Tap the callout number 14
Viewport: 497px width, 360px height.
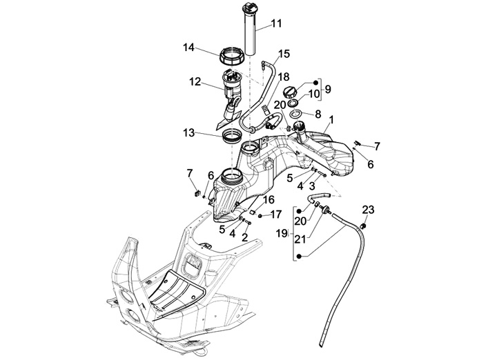[188, 48]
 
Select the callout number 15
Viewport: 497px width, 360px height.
[284, 54]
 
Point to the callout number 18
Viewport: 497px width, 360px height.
[284, 77]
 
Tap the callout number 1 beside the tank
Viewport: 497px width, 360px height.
[332, 120]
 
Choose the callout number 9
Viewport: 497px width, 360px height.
[329, 89]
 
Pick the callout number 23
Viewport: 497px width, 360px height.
[368, 210]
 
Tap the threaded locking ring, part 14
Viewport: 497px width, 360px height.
[232, 54]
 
